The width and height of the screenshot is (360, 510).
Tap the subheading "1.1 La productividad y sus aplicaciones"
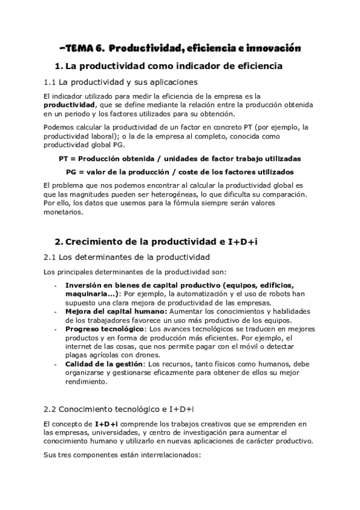click(x=120, y=82)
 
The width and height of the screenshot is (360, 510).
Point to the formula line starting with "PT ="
click(x=180, y=159)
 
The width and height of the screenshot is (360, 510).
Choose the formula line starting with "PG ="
click(x=180, y=171)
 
